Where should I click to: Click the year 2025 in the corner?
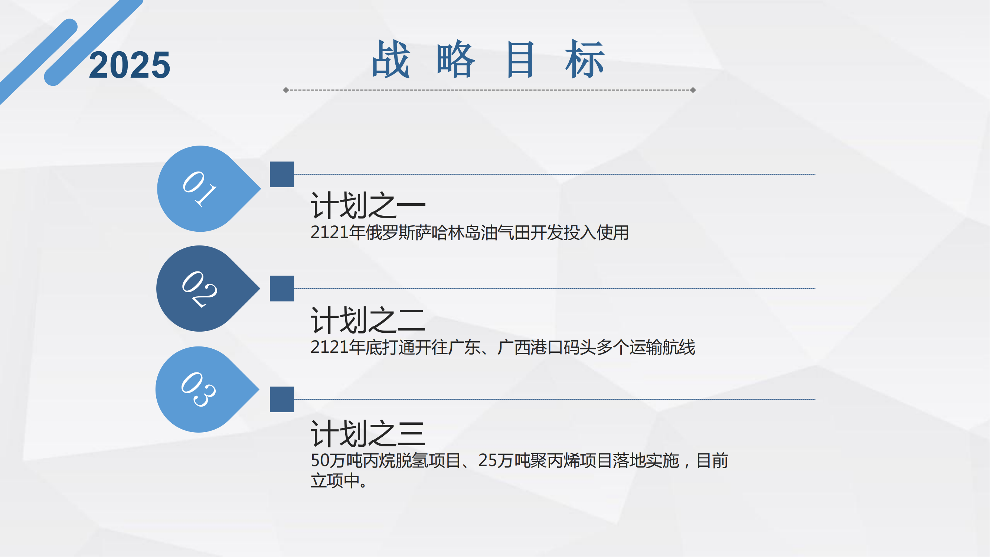(x=130, y=65)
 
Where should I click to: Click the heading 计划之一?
(x=368, y=206)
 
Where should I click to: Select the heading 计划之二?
(x=368, y=320)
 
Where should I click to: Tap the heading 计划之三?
(x=368, y=434)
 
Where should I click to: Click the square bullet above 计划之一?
(x=282, y=174)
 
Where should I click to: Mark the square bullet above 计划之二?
(x=282, y=289)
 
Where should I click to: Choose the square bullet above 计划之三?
(x=282, y=400)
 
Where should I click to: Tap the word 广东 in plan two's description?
(x=464, y=347)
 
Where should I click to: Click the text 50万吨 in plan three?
(x=337, y=460)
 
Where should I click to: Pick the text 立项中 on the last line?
(x=335, y=481)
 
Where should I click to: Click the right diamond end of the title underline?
(x=693, y=90)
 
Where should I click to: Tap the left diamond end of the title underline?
(x=286, y=90)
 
